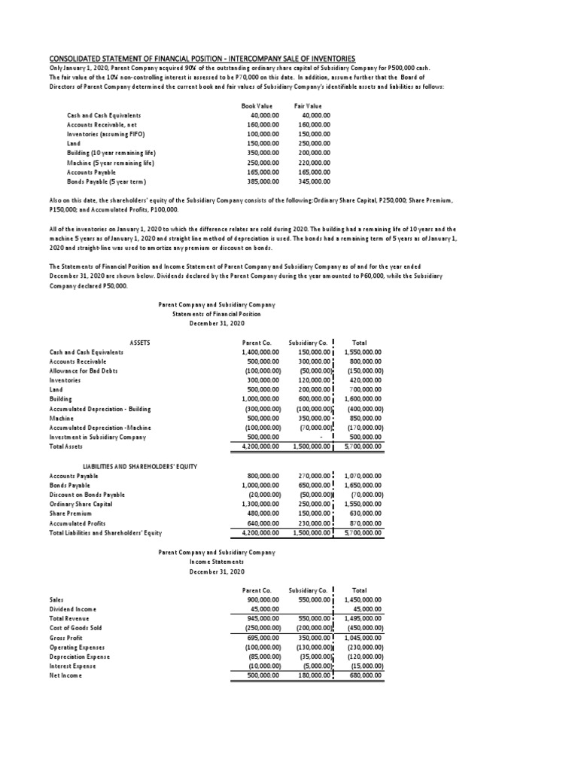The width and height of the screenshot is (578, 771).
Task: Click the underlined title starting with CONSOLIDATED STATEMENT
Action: point(202,59)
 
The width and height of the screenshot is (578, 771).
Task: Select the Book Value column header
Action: point(257,106)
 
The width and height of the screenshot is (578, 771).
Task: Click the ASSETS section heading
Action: point(139,343)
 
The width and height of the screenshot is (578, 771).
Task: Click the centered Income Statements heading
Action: point(217,562)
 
